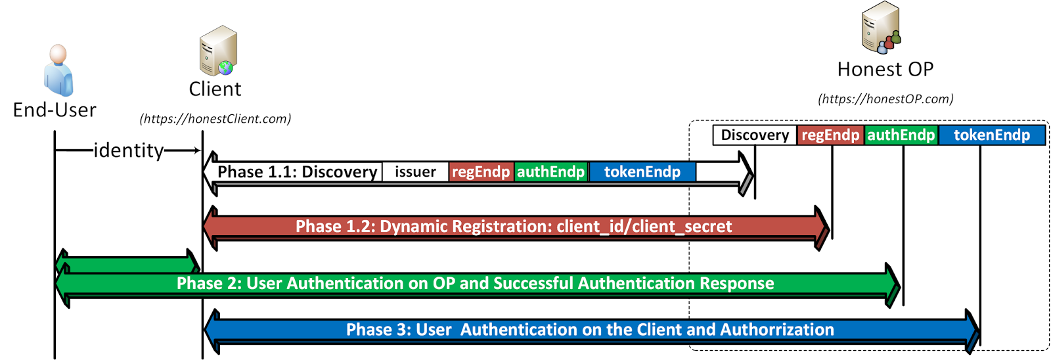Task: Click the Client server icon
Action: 218,51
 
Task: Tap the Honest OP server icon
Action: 880,28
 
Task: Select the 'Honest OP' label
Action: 885,69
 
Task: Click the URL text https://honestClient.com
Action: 215,119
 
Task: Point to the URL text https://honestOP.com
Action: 885,99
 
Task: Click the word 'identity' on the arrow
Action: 129,150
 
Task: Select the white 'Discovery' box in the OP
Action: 755,135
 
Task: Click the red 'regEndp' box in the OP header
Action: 830,135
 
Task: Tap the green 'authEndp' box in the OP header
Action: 901,135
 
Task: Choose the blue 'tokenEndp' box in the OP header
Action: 991,135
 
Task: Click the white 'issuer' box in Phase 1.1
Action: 415,172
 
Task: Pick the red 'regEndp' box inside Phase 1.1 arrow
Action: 481,172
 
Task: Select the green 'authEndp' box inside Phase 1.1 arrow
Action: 550,172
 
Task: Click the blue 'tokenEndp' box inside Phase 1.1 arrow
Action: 642,172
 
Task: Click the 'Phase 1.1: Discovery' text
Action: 297,172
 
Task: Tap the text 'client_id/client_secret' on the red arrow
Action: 644,227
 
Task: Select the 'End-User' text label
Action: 55,110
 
